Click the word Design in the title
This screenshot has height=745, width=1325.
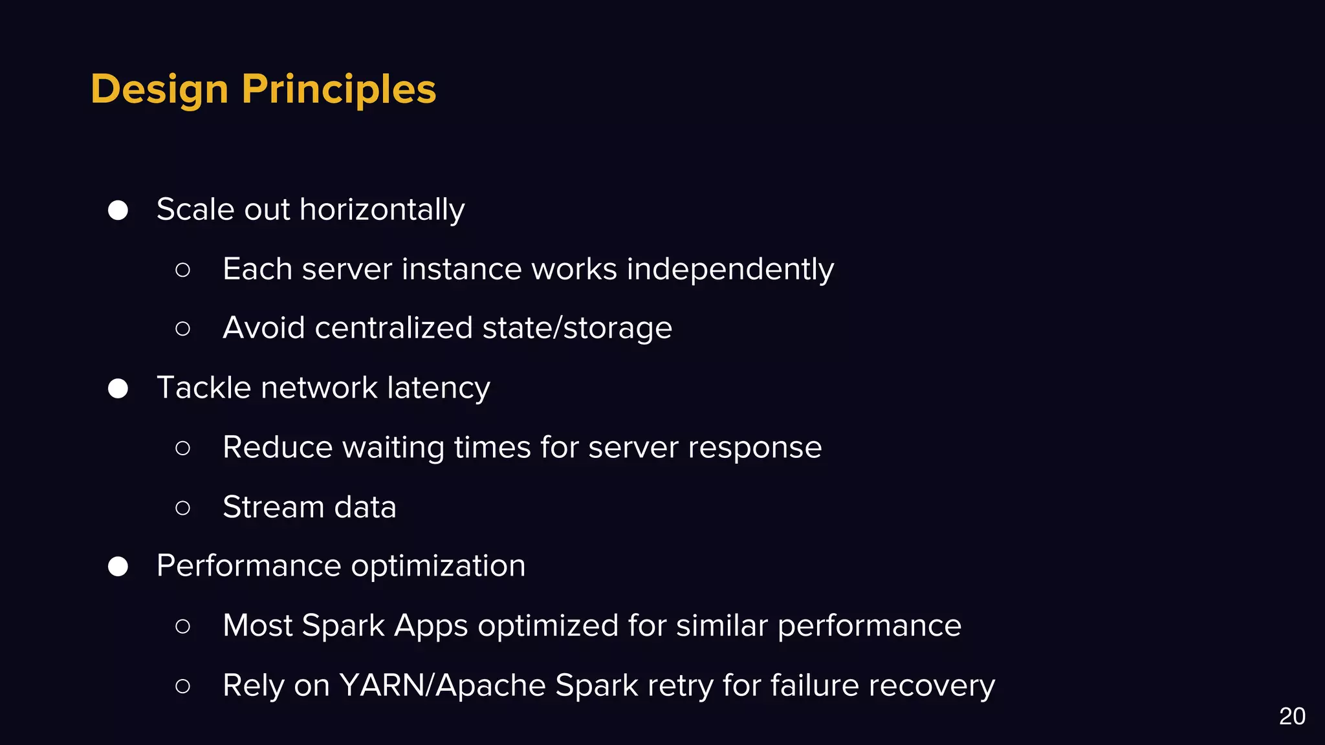coord(159,89)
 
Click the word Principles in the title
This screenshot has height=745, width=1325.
coord(339,89)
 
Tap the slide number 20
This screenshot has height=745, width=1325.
coord(1291,717)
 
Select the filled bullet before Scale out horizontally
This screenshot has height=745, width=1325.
coord(118,210)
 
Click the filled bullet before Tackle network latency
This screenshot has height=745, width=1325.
coord(118,389)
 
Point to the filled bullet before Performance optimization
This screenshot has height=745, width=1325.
coord(118,567)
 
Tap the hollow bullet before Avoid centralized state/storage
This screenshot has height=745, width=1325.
coord(183,329)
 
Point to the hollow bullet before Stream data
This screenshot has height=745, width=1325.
coord(183,508)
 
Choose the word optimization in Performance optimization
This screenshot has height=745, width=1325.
coord(438,567)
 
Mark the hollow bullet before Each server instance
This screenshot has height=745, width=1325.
coord(183,270)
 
